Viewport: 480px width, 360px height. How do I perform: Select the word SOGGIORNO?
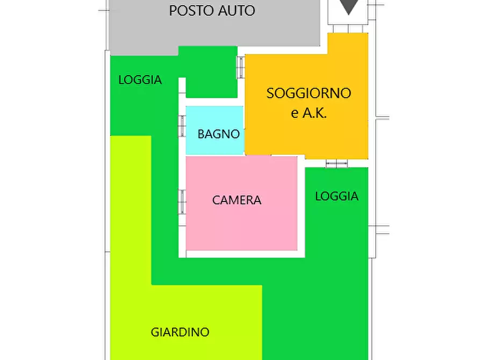(x=309, y=93)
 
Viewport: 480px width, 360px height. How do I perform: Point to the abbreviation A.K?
(x=316, y=113)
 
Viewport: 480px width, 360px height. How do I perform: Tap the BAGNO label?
(x=218, y=134)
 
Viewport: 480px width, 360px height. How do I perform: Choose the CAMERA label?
(x=237, y=200)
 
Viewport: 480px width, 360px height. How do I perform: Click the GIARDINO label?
(x=180, y=332)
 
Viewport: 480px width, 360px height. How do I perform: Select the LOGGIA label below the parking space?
(x=140, y=80)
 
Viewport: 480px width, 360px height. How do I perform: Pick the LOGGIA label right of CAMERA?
(x=336, y=196)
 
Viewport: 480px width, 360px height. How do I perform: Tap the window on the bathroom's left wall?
(x=182, y=126)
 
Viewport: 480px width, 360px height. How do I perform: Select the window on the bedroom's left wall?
(x=182, y=202)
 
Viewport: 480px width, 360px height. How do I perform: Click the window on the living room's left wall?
(x=241, y=68)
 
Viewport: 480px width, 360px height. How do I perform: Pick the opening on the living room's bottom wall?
(x=337, y=163)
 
